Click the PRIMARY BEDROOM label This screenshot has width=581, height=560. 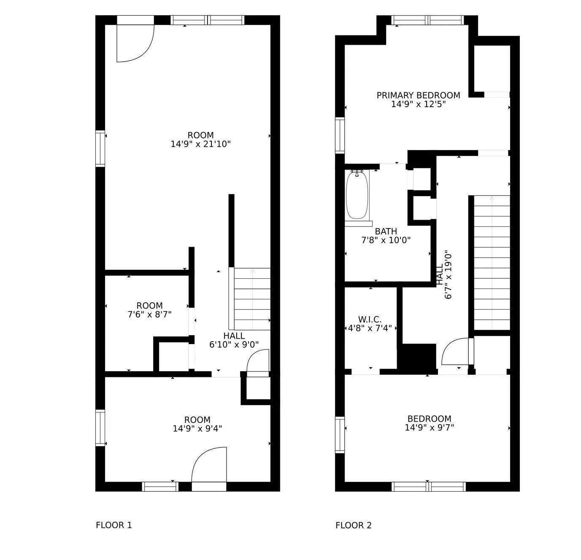418,95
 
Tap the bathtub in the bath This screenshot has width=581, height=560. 357,195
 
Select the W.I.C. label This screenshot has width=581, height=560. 370,320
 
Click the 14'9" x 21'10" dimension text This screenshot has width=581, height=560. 200,144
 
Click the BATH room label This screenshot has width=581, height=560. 386,231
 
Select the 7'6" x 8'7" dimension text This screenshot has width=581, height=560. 150,314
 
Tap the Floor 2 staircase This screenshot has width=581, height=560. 492,263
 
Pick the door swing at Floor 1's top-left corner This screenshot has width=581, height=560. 135,43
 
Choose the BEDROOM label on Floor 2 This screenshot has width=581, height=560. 430,419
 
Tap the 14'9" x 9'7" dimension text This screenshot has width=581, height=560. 430,428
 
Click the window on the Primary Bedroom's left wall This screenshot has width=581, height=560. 340,135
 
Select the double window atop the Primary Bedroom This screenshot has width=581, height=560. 427,20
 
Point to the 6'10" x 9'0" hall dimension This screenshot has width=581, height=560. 234,345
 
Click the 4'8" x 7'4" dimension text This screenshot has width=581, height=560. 370,328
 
